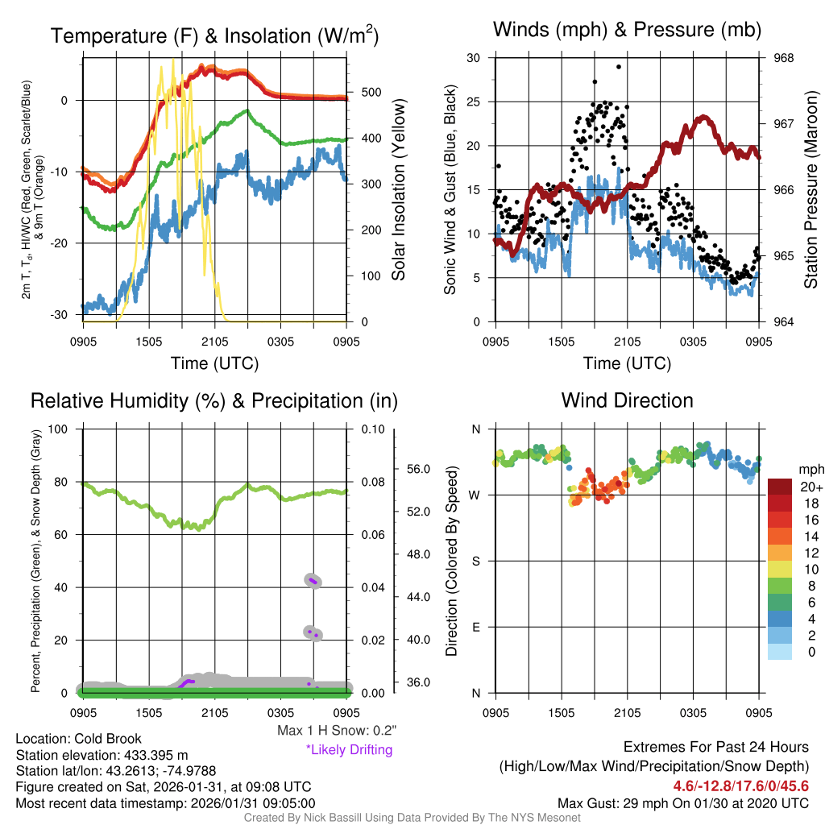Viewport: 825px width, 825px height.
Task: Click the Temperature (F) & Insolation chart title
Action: click(214, 36)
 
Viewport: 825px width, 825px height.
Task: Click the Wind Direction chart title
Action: click(627, 400)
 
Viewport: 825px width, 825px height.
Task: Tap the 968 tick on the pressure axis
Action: click(783, 58)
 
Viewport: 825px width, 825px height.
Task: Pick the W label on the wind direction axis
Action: click(475, 495)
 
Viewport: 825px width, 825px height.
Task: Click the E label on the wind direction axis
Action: click(475, 627)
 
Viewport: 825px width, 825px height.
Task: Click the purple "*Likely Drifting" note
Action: click(349, 750)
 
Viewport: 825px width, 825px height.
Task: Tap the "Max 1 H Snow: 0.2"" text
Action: click(336, 731)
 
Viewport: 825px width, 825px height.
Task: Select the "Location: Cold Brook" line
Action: click(79, 739)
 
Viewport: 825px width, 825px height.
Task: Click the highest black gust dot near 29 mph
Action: click(619, 67)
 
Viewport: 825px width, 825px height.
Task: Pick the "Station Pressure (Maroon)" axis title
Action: click(810, 190)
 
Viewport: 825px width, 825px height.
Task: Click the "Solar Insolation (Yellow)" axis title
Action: click(398, 190)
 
